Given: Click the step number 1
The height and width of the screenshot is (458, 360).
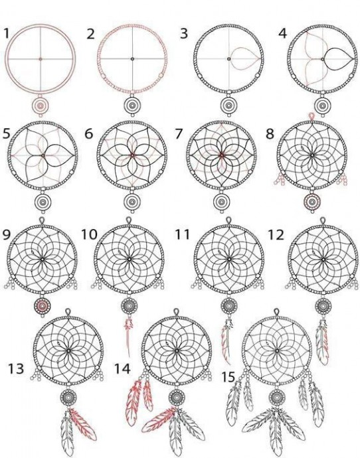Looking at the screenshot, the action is [x=6, y=33].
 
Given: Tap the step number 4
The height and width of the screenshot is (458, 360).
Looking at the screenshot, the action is [x=282, y=33].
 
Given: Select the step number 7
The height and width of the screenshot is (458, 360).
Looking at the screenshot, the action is [x=179, y=134].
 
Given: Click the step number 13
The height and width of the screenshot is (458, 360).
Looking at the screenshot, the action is [x=16, y=368].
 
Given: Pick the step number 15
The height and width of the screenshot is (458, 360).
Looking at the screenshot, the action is [x=228, y=377].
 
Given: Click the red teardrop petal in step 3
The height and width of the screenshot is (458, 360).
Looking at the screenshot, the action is [x=244, y=58].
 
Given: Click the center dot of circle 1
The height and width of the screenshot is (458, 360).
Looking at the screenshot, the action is [x=41, y=58].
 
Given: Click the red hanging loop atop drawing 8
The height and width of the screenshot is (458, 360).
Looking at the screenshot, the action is [x=312, y=117].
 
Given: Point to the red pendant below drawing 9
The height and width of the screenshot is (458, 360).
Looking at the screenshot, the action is [x=43, y=306].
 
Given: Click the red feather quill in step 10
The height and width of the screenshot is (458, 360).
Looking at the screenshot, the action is [x=128, y=336].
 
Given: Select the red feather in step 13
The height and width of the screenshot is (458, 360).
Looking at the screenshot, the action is [x=83, y=424].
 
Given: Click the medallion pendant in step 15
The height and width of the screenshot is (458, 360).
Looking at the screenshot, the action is [x=277, y=397].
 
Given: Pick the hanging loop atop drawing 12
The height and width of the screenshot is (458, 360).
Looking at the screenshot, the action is [x=322, y=221].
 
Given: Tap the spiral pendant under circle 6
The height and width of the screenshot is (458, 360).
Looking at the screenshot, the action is [x=132, y=202].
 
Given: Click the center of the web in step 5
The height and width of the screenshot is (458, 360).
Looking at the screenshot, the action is [x=43, y=155].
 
